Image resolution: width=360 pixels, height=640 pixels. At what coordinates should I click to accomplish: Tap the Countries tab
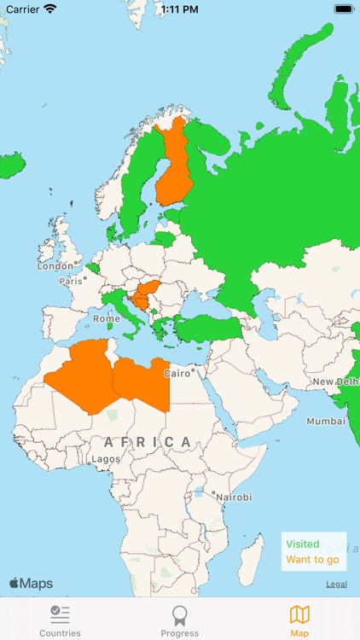coord(60,620)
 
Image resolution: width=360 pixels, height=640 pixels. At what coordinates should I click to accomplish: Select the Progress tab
coord(179,620)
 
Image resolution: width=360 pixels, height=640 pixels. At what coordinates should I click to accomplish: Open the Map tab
coord(299,620)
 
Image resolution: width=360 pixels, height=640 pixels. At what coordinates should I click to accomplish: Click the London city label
coord(55,266)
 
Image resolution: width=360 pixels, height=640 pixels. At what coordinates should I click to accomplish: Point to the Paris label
coord(72,281)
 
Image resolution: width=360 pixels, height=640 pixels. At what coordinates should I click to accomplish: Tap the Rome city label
coord(107,318)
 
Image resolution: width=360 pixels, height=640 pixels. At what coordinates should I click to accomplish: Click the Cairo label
coord(177,374)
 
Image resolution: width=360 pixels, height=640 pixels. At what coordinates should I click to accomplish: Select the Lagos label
coord(106,459)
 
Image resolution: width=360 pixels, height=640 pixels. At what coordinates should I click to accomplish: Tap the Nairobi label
coord(232,497)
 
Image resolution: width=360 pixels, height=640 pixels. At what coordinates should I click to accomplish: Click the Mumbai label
coord(326,422)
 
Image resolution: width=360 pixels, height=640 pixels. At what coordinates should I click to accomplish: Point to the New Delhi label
coord(334,381)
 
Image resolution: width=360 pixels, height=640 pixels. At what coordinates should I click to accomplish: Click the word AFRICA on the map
coord(148,441)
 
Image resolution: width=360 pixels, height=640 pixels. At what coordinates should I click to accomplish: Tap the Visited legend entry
coord(303,544)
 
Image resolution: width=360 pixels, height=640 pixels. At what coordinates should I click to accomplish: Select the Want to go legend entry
coord(312,560)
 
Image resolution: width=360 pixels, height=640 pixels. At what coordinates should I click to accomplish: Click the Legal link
coord(336,584)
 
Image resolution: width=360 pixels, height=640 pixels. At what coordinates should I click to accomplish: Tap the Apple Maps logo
coord(31,584)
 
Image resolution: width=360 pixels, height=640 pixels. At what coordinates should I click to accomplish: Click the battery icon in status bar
coord(344,9)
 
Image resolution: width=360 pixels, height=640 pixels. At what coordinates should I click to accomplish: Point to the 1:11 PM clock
coord(179,9)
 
